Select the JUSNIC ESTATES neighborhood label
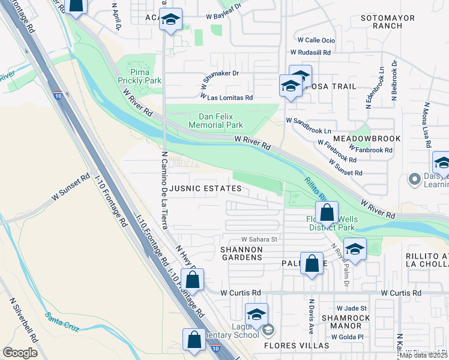205,188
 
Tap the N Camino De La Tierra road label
164,189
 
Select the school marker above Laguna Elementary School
256,314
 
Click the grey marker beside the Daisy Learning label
414,179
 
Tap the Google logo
20,353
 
